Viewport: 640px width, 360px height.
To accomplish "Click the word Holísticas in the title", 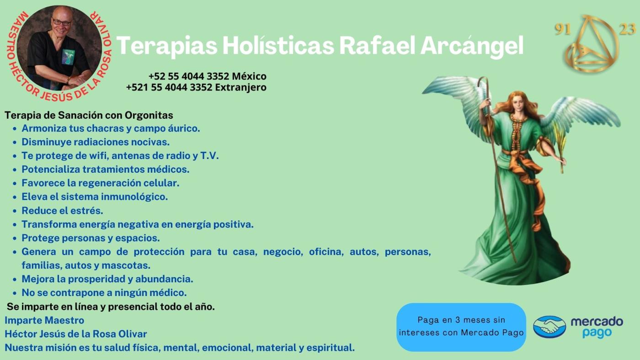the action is [278, 45].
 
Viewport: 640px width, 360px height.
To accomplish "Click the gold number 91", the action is [563, 29].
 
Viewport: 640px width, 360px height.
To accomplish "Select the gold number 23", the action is [627, 29].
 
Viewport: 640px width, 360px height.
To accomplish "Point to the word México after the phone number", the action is [249, 76].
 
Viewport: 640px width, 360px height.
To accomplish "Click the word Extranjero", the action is [240, 87].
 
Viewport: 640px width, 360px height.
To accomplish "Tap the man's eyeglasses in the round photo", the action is [61, 22].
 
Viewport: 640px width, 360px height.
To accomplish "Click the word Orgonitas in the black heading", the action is [149, 115].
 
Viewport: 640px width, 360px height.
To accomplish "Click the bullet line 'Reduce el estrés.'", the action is [62, 211].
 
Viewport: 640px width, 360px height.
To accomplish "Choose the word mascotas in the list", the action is [126, 265].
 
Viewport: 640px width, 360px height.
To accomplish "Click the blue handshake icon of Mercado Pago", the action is [549, 327].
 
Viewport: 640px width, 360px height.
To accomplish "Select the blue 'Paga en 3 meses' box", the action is [461, 327].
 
